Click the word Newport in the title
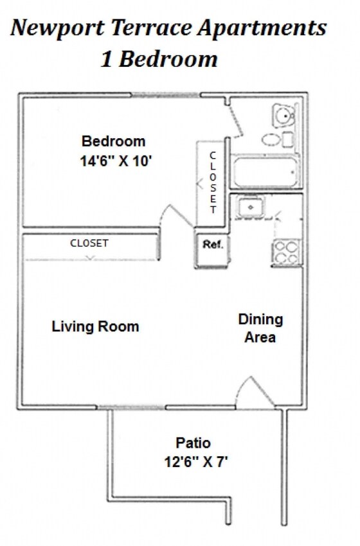(x=58, y=28)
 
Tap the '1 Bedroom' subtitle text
(x=159, y=59)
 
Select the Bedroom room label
(x=113, y=141)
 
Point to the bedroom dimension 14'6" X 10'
(x=116, y=161)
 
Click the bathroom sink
(x=283, y=115)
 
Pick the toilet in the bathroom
(x=278, y=139)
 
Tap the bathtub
(x=266, y=172)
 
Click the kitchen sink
(x=251, y=207)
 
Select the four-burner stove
(x=286, y=252)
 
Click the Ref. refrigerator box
(x=212, y=250)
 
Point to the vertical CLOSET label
(x=213, y=182)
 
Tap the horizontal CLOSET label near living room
(x=89, y=243)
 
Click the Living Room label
(x=96, y=326)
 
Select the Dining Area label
(x=260, y=328)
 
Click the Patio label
(x=193, y=443)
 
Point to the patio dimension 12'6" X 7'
(x=196, y=462)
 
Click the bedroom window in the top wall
(x=166, y=94)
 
